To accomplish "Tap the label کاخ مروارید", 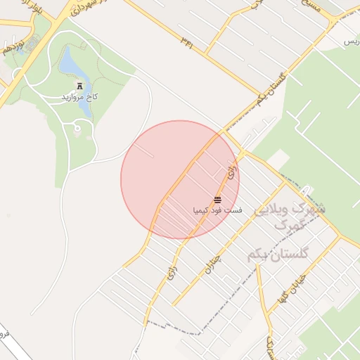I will pyautogui.click(x=78, y=96).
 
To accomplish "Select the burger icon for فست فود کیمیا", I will pyautogui.click(x=217, y=200).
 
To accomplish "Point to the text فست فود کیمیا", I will pyautogui.click(x=217, y=210).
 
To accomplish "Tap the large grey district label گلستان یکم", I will pyautogui.click(x=278, y=255).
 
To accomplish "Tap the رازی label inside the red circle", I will pyautogui.click(x=232, y=170).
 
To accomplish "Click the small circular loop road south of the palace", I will pyautogui.click(x=77, y=129).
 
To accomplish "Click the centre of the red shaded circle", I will pyautogui.click(x=180, y=179).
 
